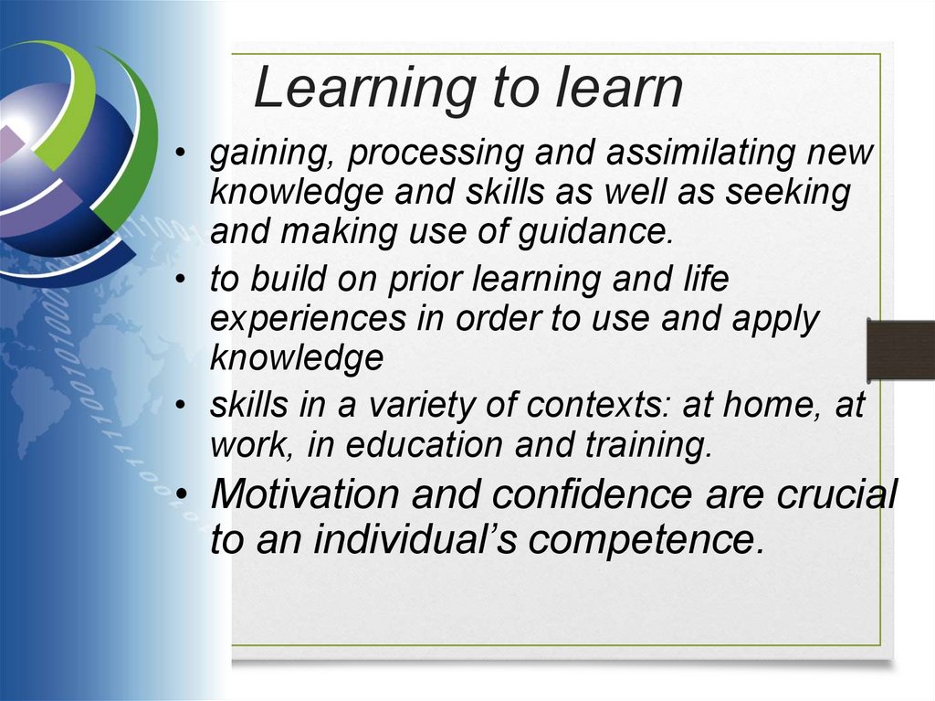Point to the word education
(x=423, y=445)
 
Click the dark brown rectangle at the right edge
(x=900, y=350)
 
